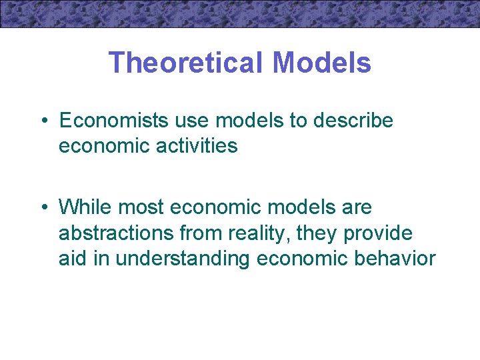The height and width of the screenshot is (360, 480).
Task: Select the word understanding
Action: coord(180,258)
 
